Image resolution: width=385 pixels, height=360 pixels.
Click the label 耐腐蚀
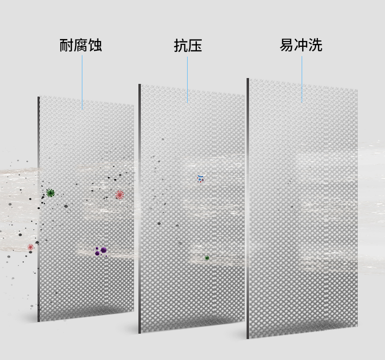point(81,46)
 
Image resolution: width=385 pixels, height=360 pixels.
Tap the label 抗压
point(188,46)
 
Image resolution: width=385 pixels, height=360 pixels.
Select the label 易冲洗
point(301,45)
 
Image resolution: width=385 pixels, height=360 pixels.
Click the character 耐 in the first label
point(67,46)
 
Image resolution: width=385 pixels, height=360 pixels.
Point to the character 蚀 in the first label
point(95,46)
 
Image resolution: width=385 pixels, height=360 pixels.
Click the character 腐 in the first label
point(81,46)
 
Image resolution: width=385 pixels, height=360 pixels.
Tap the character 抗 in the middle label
point(181,46)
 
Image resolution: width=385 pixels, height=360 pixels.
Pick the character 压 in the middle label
point(195,46)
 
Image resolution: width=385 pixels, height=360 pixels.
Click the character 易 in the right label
point(287,45)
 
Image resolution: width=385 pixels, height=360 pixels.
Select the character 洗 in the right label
point(315,45)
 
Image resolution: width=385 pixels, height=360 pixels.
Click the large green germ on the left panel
point(50,193)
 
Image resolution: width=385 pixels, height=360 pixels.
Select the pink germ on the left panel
point(119,195)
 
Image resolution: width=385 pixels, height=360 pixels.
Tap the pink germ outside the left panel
point(31,247)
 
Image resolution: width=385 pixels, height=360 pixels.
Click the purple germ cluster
point(101,251)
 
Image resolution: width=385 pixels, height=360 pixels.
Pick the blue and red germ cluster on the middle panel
point(200,179)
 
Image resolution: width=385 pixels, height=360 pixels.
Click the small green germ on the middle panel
point(207,258)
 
